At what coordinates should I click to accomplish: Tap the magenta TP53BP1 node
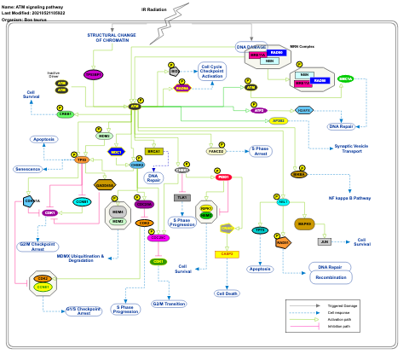pos(94,74)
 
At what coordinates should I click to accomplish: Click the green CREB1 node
pos(66,113)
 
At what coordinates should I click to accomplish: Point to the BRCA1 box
pos(154,151)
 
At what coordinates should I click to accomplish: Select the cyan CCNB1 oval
pos(82,201)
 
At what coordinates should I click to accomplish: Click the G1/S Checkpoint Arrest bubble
pos(84,311)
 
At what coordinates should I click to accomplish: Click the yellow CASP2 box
pos(227,253)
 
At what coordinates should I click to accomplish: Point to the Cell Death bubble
pos(228,293)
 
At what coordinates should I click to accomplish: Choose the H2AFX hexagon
pos(303,109)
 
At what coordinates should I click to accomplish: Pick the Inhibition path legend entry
pos(352,339)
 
